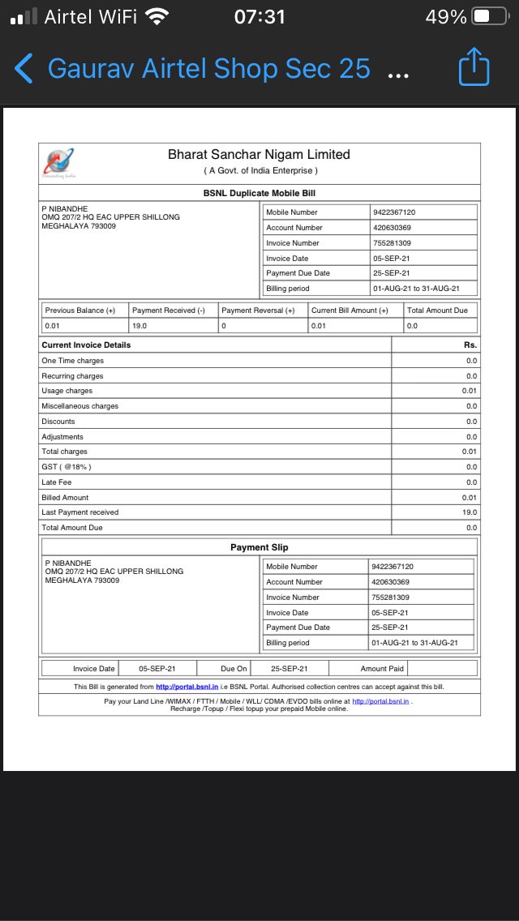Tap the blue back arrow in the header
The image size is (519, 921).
click(x=24, y=69)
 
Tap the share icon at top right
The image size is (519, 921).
click(x=474, y=67)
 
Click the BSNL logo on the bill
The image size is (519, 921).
click(x=59, y=162)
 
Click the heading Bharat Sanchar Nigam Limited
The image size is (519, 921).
click(x=259, y=154)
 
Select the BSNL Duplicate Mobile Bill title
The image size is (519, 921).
click(x=259, y=193)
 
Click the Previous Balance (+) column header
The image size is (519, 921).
click(x=80, y=311)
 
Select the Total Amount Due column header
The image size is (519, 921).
click(x=437, y=311)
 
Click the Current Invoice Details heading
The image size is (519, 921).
click(x=86, y=345)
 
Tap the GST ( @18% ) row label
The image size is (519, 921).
click(x=66, y=467)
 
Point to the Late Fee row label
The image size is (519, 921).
click(x=57, y=482)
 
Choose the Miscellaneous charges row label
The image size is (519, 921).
click(x=79, y=406)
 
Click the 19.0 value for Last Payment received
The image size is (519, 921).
click(x=470, y=512)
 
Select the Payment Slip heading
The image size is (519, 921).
click(x=259, y=547)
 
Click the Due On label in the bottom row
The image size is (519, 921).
click(x=234, y=669)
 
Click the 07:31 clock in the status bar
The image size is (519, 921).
click(x=259, y=16)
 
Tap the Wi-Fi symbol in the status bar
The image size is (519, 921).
click(x=156, y=16)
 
